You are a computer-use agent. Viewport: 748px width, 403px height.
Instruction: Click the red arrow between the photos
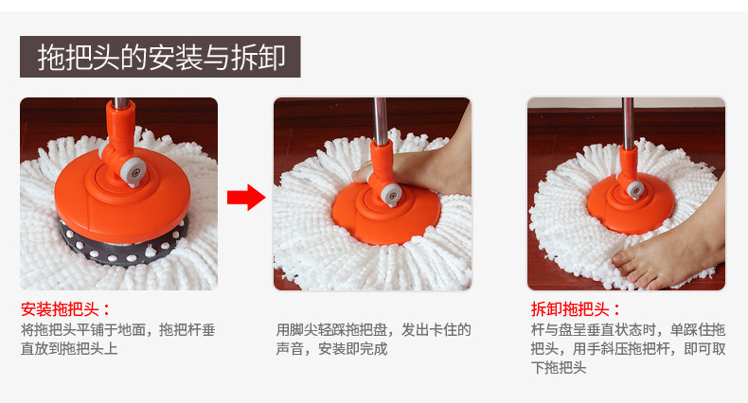pyautogui.click(x=246, y=197)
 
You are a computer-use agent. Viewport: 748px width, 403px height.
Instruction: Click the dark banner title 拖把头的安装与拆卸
pyautogui.click(x=160, y=57)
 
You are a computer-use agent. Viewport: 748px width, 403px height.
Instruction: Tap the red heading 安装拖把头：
pyautogui.click(x=65, y=309)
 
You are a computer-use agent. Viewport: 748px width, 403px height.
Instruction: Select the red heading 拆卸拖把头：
pyautogui.click(x=576, y=309)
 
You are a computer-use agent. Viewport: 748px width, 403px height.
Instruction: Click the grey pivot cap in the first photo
pyautogui.click(x=134, y=171)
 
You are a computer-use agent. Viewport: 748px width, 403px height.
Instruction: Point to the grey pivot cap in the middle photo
pyautogui.click(x=391, y=194)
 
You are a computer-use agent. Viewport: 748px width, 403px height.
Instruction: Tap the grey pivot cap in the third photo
pyautogui.click(x=635, y=189)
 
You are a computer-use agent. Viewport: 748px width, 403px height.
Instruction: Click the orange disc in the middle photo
pyautogui.click(x=386, y=215)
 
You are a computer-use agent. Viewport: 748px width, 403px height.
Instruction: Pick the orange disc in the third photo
pyautogui.click(x=631, y=204)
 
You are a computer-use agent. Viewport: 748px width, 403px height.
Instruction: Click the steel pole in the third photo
pyautogui.click(x=628, y=123)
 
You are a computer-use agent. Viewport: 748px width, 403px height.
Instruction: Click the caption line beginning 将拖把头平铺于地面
pyautogui.click(x=117, y=330)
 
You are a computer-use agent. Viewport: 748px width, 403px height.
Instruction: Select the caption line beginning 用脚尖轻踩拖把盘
pyautogui.click(x=373, y=330)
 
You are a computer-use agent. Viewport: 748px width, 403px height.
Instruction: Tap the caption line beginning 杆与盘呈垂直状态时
pyautogui.click(x=629, y=330)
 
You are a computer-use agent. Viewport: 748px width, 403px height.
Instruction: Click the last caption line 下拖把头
pyautogui.click(x=559, y=368)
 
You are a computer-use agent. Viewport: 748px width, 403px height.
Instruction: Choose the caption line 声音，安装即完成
pyautogui.click(x=331, y=349)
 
